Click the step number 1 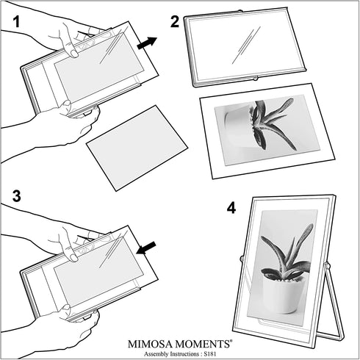pos(16,21)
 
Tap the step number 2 pos(175,21)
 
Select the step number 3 pos(17,196)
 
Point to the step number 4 pos(231,208)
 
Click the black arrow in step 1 pos(147,43)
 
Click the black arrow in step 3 pos(146,248)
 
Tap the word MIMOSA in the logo pos(151,344)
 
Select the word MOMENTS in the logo pos(204,344)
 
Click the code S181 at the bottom pos(209,354)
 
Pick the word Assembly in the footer pos(156,354)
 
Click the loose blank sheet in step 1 pos(137,148)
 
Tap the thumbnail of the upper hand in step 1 pos(73,54)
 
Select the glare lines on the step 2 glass pos(245,46)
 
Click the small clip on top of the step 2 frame pos(240,11)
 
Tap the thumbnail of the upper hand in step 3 pos(73,257)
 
